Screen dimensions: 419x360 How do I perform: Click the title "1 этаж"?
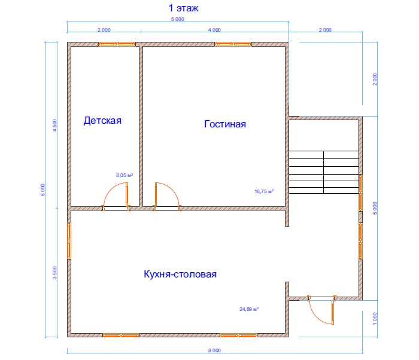pos(183,8)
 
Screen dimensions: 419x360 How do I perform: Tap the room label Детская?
pos(102,121)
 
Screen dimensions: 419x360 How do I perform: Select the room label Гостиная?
pos(225,124)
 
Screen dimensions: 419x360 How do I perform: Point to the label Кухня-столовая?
pos(180,274)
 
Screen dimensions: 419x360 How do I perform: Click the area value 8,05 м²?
pos(125,175)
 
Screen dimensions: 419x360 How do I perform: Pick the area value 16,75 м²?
pos(264,191)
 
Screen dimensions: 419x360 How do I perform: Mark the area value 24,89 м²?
pos(249,309)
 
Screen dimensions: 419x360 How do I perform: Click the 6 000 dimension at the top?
pos(178,19)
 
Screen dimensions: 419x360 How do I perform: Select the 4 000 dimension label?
pos(214,30)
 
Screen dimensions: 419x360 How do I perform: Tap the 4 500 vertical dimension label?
pos(55,125)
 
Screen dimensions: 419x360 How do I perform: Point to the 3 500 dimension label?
pos(55,273)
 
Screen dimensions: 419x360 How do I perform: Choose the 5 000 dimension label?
pos(375,208)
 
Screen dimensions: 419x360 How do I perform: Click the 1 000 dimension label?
pos(375,319)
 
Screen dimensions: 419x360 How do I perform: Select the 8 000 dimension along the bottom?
pos(214,350)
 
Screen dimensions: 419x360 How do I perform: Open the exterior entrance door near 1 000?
pos(322,310)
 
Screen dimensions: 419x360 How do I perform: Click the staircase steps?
pos(324,172)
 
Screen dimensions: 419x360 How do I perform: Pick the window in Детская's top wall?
pos(117,44)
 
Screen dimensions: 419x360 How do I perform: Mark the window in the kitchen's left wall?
pos(69,240)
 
